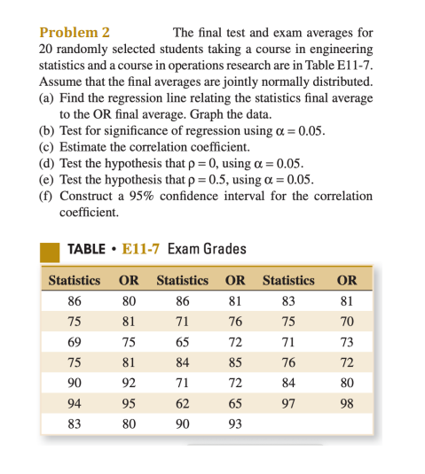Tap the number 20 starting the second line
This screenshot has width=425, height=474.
click(x=47, y=50)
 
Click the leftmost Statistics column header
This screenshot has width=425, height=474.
click(x=75, y=280)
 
